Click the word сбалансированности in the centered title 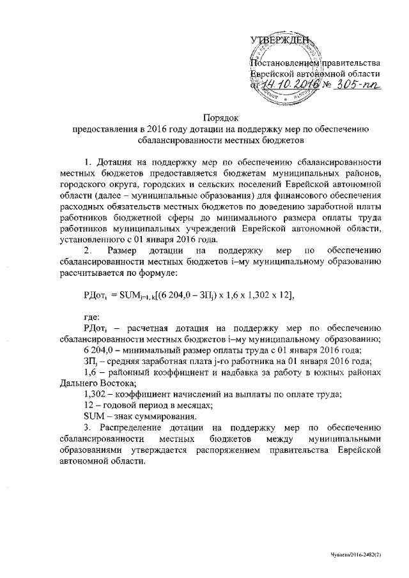pos(179,139)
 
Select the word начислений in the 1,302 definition pos(187,395)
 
